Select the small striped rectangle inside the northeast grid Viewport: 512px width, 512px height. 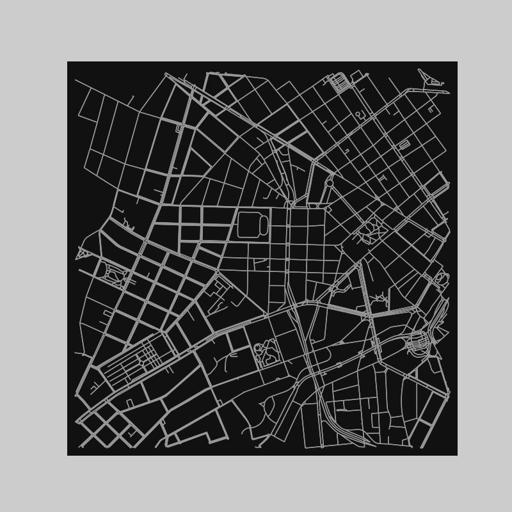pyautogui.click(x=404, y=145)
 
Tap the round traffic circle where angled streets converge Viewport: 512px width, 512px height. pyautogui.click(x=329, y=183)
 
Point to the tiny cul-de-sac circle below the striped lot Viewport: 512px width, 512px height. pyautogui.click(x=358, y=114)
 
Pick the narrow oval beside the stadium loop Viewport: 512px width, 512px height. pyautogui.click(x=264, y=225)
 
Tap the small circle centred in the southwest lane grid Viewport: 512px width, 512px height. pyautogui.click(x=141, y=362)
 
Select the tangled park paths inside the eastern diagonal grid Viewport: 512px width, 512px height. pyautogui.click(x=370, y=231)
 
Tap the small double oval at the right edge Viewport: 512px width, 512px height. pyautogui.click(x=440, y=278)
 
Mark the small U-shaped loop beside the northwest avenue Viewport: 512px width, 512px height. pyautogui.click(x=179, y=128)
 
